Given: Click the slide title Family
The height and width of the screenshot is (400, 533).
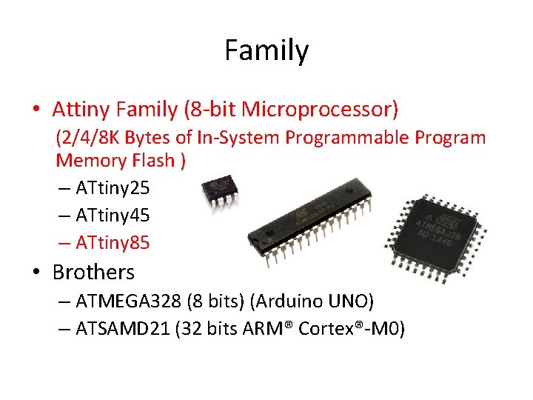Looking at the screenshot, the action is point(266,51).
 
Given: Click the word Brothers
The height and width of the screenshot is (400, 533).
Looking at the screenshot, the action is point(93,272).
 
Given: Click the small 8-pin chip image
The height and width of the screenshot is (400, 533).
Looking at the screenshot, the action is point(220,190).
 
